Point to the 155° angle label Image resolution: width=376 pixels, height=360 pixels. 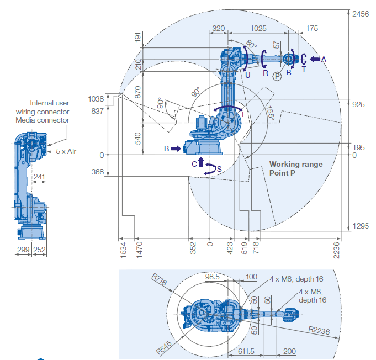click(269, 113)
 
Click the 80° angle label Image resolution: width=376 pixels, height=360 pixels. click(251, 44)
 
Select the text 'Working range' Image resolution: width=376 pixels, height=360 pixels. click(296, 164)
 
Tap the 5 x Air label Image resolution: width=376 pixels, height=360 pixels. click(65, 151)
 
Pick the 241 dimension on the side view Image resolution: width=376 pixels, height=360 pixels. click(38, 177)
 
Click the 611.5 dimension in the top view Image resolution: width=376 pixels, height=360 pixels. click(245, 351)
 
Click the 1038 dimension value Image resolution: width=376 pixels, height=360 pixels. click(96, 98)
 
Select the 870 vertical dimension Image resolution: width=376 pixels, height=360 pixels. click(137, 92)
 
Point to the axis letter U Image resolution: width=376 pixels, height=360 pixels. click(248, 74)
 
